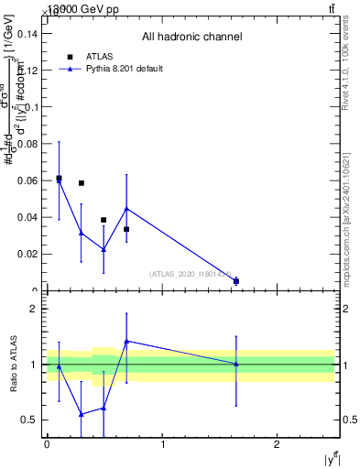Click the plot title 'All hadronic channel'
pos(191,38)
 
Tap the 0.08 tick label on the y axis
pos(28,144)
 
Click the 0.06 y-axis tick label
pos(28,180)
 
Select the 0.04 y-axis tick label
pos(28,217)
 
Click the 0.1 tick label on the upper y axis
pos(31,107)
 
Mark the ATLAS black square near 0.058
pos(82,183)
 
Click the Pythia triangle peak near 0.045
pos(126,208)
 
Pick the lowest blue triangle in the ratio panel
pos(82,414)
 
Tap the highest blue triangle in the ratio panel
pos(126,341)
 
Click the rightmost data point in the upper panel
pos(236,281)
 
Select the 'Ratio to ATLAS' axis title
pos(14,365)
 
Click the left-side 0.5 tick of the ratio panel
pos(34,420)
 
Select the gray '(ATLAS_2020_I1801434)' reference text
pos(191,273)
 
